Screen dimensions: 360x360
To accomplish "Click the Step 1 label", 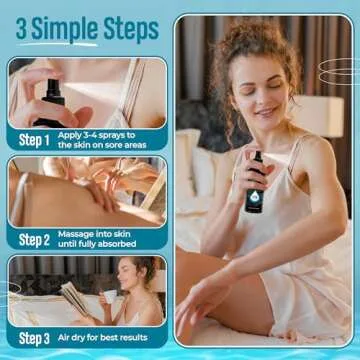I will [x=33, y=139].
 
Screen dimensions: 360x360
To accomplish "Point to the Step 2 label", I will [x=33, y=239].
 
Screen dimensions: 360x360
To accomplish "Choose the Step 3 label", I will [x=33, y=339].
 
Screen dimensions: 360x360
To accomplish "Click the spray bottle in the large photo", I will [x=255, y=182].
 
